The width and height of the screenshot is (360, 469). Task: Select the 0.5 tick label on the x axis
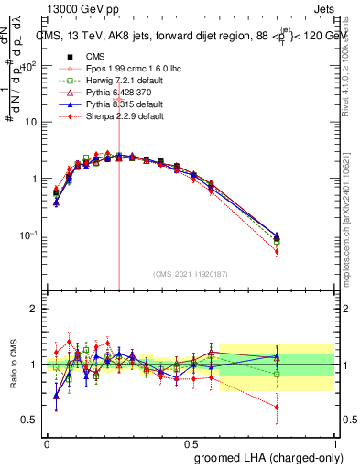191,442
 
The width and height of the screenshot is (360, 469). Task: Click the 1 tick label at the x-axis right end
335,442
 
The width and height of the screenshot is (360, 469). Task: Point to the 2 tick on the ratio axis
37,309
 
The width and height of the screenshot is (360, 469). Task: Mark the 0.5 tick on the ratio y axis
33,421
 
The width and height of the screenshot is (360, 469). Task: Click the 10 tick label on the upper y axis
31,122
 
